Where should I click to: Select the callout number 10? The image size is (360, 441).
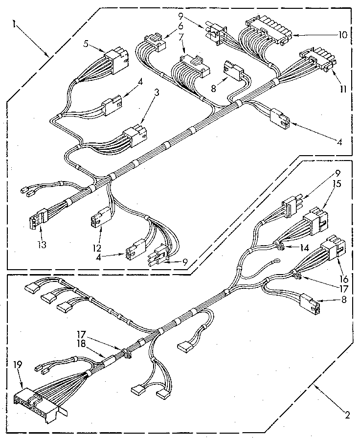(x=342, y=35)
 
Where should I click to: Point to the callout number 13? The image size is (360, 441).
(x=42, y=244)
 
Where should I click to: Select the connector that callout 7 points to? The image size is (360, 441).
(x=190, y=66)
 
